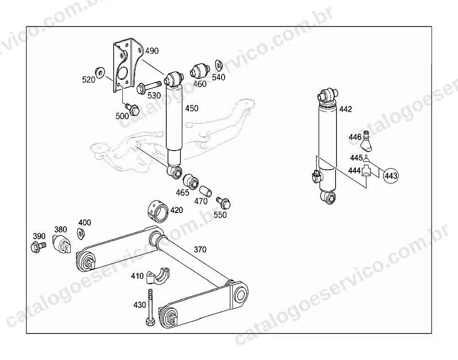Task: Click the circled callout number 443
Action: [391, 176]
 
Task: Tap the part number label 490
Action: [152, 51]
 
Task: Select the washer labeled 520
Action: [100, 72]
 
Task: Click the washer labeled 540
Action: [218, 65]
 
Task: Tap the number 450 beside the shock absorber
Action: [192, 108]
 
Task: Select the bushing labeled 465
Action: [191, 181]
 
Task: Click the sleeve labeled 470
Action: [206, 191]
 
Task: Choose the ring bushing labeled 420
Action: [157, 211]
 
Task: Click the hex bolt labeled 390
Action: [38, 246]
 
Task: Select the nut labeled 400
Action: [81, 234]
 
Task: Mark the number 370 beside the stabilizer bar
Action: [200, 249]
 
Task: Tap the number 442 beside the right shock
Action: [346, 109]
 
